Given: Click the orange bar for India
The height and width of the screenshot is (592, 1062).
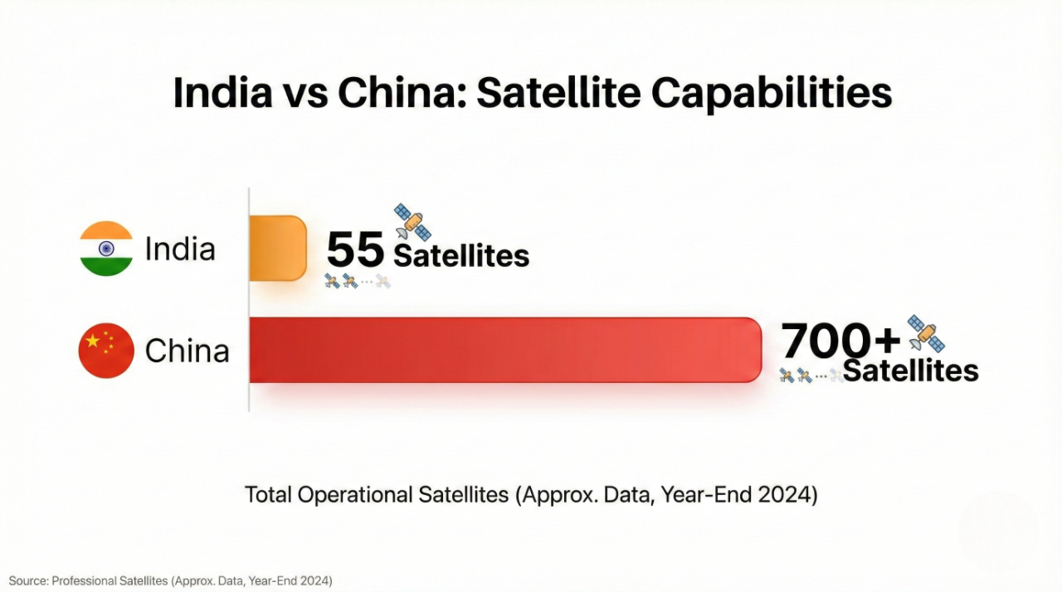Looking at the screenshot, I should pos(278,248).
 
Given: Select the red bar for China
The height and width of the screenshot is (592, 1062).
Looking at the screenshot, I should pos(504,350).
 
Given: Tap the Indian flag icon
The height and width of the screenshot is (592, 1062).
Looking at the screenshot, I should pos(106,248).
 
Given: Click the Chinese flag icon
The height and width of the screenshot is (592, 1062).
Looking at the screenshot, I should pos(106,351).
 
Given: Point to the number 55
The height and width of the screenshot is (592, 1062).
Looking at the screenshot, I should pos(355,250).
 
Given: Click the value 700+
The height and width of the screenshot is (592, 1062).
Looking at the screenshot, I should pos(840,340).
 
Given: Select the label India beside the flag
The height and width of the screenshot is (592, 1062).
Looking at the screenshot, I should pos(180,249).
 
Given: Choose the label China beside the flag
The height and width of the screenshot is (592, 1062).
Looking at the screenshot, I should pos(187,351).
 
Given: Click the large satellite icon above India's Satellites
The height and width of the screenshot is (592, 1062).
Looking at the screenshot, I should pos(412,221).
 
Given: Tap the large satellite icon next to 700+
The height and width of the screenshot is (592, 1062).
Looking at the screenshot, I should pos(926,333).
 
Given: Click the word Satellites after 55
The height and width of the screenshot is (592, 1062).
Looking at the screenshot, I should pos(461,256).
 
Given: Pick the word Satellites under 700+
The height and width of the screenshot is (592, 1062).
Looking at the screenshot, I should pos(911,371).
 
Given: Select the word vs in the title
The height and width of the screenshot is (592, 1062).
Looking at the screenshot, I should pos(304,94).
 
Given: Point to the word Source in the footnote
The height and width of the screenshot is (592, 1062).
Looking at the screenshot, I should pos(27,581).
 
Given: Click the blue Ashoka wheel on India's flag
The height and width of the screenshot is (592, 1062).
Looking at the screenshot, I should pos(106,249).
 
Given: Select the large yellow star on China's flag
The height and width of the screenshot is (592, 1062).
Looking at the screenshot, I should pos(92,342).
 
